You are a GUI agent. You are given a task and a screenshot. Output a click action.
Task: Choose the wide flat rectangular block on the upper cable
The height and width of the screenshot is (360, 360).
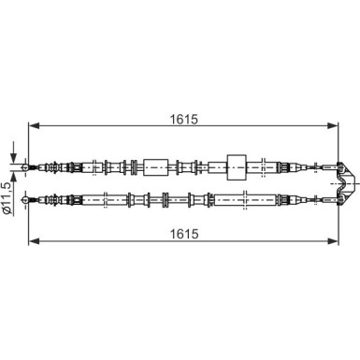tap(156, 166)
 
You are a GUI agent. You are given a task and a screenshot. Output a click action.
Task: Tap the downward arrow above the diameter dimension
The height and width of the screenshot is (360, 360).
tap(14, 153)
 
